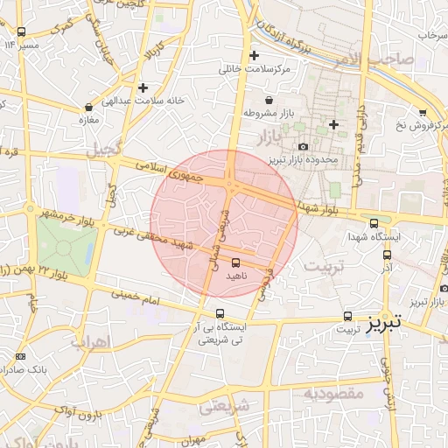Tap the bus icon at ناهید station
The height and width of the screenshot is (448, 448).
(235, 262)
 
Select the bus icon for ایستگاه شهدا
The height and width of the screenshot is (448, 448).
(374, 223)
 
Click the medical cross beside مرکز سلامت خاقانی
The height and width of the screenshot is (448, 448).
(254, 54)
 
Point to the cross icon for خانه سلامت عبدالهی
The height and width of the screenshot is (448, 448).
(143, 87)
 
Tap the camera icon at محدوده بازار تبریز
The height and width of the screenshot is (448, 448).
(304, 146)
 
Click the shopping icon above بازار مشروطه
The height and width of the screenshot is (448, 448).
(266, 101)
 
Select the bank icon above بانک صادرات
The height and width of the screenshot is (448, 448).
(20, 356)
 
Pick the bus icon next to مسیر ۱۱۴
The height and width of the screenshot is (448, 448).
(20, 32)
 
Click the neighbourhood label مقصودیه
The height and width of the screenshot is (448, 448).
(333, 394)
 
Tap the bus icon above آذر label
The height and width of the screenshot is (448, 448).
(386, 255)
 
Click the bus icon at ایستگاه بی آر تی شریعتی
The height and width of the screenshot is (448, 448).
(220, 313)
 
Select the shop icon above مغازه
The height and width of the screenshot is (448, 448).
(88, 108)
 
